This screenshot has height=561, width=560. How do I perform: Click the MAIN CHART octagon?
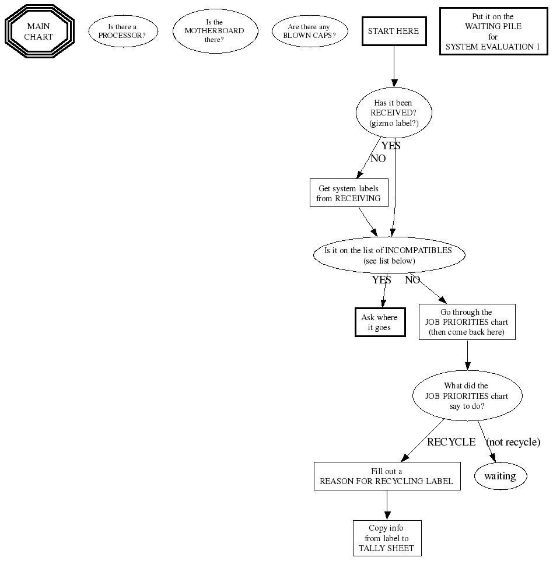tap(38, 31)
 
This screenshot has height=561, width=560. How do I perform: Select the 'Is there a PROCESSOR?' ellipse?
tap(123, 31)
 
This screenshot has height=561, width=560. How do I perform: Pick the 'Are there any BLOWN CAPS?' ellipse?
tap(309, 31)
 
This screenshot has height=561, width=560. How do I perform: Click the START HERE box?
tap(393, 31)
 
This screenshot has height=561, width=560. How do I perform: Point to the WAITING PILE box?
tap(493, 31)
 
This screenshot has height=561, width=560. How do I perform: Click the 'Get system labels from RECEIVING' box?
tap(348, 193)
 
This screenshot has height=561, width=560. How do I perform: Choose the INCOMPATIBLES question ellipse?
tap(388, 255)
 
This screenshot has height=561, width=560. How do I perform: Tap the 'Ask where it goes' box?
tap(379, 322)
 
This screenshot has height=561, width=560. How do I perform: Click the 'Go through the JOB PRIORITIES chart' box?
tap(467, 322)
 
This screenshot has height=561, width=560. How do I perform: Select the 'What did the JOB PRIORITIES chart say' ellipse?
tap(467, 395)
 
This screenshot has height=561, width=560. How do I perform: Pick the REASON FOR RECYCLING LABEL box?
tap(386, 476)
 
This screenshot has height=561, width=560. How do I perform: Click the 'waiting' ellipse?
tap(500, 476)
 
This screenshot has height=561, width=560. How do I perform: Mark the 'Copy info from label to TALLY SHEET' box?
tap(386, 538)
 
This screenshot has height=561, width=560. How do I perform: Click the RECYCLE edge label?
tap(451, 442)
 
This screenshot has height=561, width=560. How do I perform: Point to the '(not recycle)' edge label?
tap(513, 442)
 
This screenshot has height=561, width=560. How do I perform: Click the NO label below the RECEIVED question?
tap(378, 158)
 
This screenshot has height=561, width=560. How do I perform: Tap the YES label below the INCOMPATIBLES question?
tap(381, 280)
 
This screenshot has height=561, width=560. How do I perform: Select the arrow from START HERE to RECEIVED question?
tap(394, 66)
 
